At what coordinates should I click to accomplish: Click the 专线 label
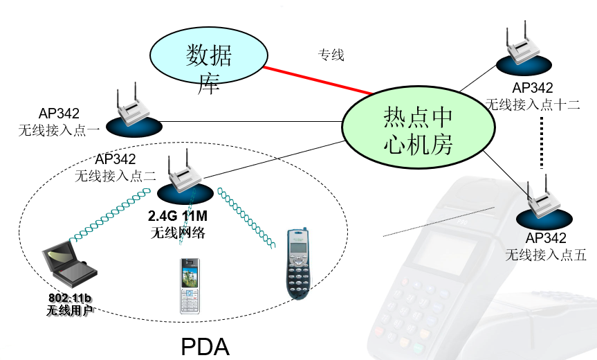(x=331, y=55)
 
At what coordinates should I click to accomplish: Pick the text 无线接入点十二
(x=532, y=105)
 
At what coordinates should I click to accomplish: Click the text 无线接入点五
(x=546, y=255)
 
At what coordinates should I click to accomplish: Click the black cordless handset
(x=299, y=263)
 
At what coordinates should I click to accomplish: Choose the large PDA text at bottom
(x=205, y=345)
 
